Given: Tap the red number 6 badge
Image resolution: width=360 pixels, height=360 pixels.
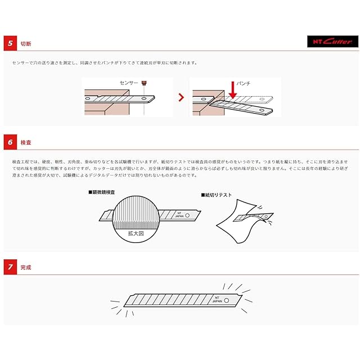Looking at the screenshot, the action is coord(10,142).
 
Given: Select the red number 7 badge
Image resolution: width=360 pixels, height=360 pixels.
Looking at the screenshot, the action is coord(10,267).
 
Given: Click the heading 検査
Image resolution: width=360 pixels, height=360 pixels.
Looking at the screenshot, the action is coord(26,142).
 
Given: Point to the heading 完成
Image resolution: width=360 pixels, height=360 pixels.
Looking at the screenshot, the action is coord(26,267).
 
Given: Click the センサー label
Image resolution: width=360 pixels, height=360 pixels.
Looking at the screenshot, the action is coord(128,82).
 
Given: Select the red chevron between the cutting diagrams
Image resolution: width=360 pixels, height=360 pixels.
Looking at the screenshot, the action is coord(181,97).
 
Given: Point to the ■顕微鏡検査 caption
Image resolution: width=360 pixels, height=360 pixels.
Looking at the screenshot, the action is coord(104,192).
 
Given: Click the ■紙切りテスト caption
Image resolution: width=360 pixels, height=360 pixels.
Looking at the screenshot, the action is coord(217,195).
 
